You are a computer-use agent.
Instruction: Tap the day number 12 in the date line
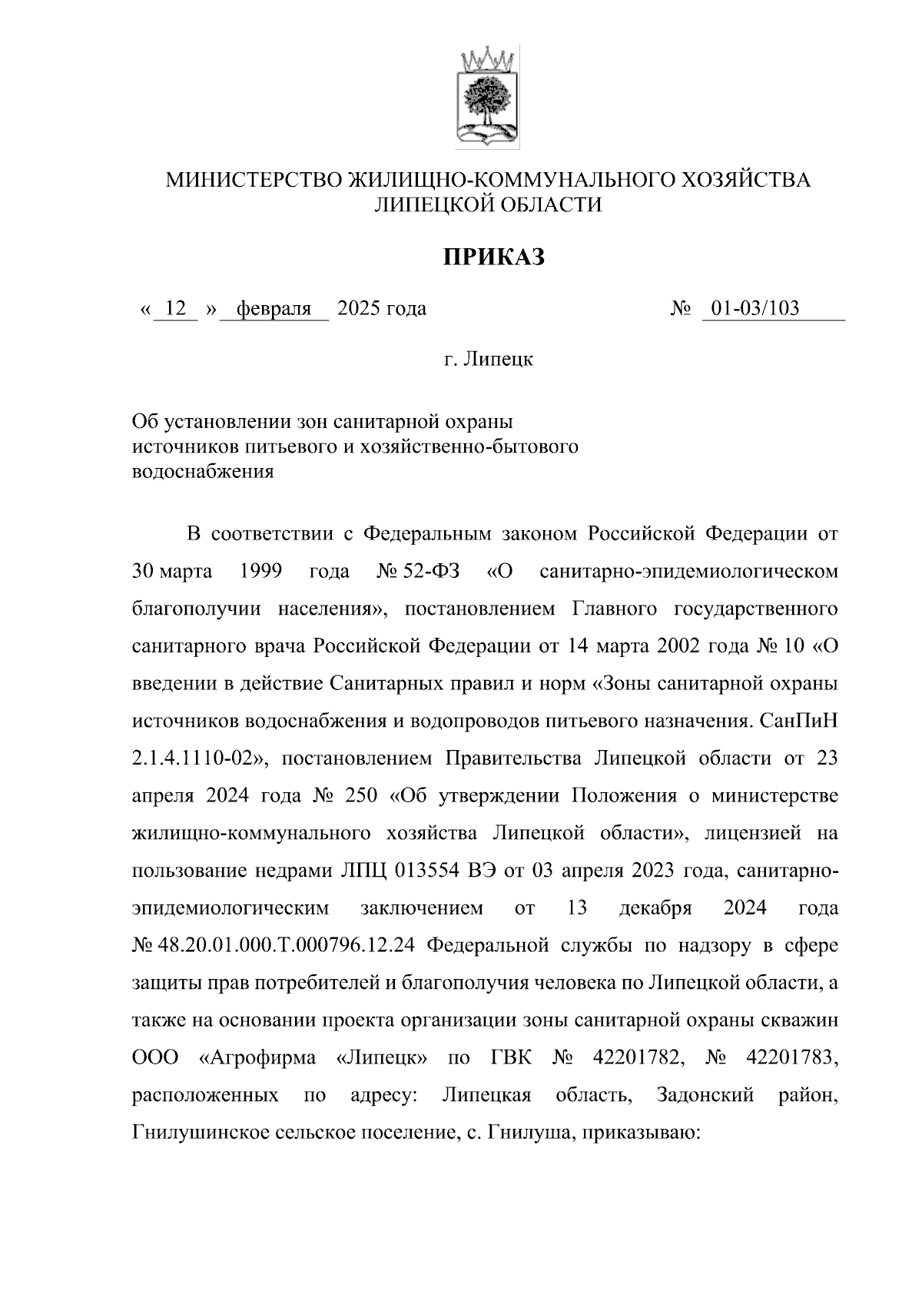(176, 309)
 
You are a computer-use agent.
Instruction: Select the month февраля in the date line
(274, 309)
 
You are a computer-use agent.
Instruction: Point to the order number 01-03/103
(755, 309)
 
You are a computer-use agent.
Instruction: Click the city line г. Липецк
(489, 359)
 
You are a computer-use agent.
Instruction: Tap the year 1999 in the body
(260, 572)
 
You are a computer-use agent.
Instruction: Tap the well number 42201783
(792, 1057)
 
